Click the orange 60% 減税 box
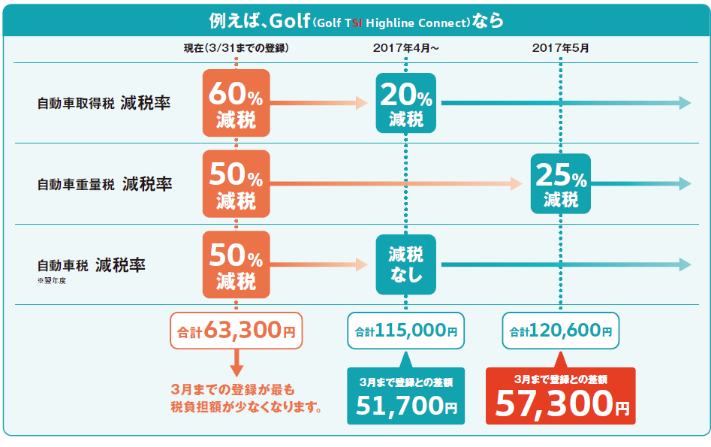click(x=236, y=104)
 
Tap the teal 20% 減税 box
click(x=405, y=104)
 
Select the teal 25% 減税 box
click(x=560, y=184)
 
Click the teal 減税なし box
click(x=405, y=264)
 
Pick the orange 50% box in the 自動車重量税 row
click(x=236, y=184)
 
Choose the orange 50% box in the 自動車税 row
click(x=236, y=264)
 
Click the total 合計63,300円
click(x=236, y=331)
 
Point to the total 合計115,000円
click(x=405, y=331)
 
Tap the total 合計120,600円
click(x=560, y=331)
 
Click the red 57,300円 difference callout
click(x=561, y=396)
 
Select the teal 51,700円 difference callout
click(x=405, y=396)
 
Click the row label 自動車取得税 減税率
click(x=104, y=104)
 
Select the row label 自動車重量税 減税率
click(x=104, y=184)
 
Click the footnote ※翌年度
click(x=52, y=282)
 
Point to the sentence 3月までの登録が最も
click(x=234, y=390)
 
